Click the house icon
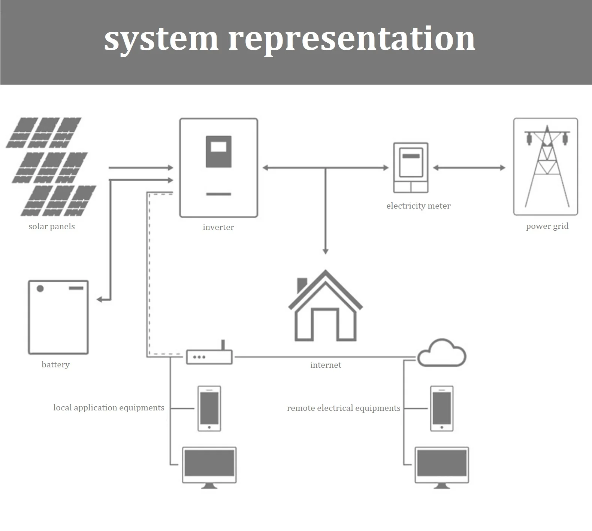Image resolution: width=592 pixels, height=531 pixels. (325, 307)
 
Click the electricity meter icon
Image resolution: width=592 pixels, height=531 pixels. (411, 167)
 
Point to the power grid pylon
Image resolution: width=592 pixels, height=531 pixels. (546, 167)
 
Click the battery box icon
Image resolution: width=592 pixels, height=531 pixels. (58, 317)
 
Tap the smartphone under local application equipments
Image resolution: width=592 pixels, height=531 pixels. (209, 408)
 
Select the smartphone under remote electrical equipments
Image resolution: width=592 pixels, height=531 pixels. (442, 408)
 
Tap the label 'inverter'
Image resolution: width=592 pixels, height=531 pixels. (218, 227)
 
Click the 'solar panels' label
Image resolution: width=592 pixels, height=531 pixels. (52, 227)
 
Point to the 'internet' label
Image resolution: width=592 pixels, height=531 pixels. (326, 365)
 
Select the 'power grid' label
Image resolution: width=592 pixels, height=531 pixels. (547, 226)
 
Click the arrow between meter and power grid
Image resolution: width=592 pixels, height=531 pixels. (469, 168)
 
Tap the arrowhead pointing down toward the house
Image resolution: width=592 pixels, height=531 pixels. (325, 251)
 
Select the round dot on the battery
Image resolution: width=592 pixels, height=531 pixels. (40, 288)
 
